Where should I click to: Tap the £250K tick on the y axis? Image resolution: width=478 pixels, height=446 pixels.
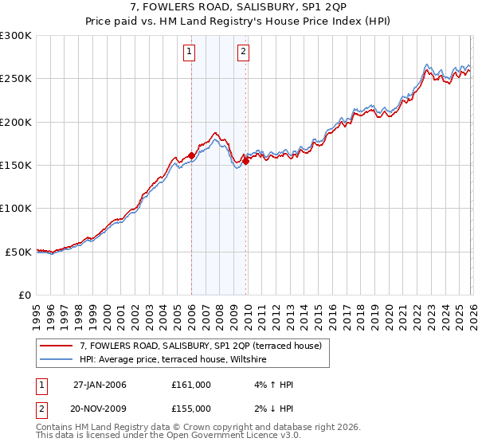coord(16,79)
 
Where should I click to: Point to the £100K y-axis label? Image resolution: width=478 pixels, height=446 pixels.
coord(16,208)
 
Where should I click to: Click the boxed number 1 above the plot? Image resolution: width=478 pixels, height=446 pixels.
coord(190,53)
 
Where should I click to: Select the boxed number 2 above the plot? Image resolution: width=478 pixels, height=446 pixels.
coord(243,53)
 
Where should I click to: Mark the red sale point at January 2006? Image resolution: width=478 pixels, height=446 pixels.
coord(192,155)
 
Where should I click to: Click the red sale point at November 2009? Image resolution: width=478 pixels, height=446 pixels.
coord(245,161)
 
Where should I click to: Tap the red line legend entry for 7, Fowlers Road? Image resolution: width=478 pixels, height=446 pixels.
coord(200,346)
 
